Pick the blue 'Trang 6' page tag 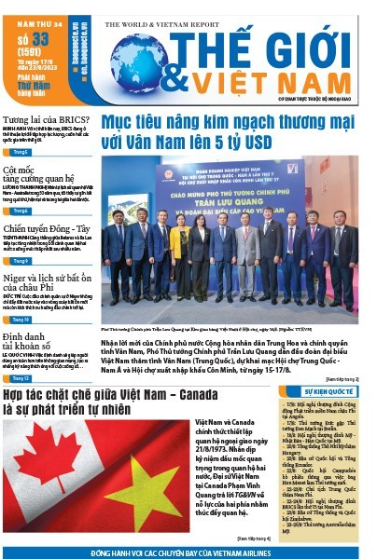[18, 211]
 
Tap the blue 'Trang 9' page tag [18, 261]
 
